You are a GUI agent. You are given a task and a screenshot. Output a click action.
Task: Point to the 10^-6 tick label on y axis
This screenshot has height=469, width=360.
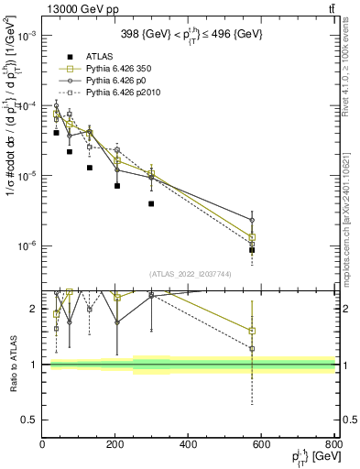click(27, 245)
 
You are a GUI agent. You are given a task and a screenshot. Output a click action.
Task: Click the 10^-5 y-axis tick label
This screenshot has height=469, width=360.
click(27, 176)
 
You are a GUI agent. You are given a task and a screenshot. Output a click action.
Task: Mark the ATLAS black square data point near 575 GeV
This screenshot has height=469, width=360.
click(252, 250)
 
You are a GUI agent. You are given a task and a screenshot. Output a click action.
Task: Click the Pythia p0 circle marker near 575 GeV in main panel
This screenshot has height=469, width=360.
click(252, 220)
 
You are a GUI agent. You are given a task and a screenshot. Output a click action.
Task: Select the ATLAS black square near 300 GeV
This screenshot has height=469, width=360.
click(151, 203)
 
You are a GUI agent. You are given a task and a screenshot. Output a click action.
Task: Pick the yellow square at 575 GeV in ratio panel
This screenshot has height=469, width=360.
click(252, 332)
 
